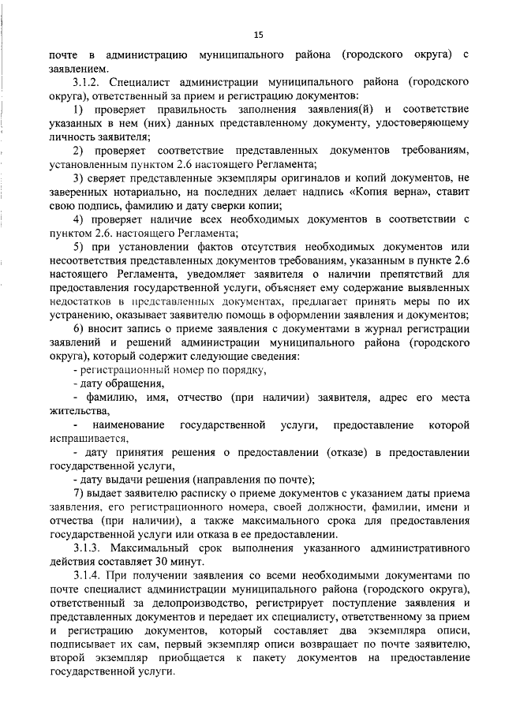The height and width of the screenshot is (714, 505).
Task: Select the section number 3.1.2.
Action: [87, 81]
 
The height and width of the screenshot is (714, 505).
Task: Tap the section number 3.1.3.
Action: [87, 548]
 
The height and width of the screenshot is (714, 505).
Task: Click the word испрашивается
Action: [87, 439]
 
